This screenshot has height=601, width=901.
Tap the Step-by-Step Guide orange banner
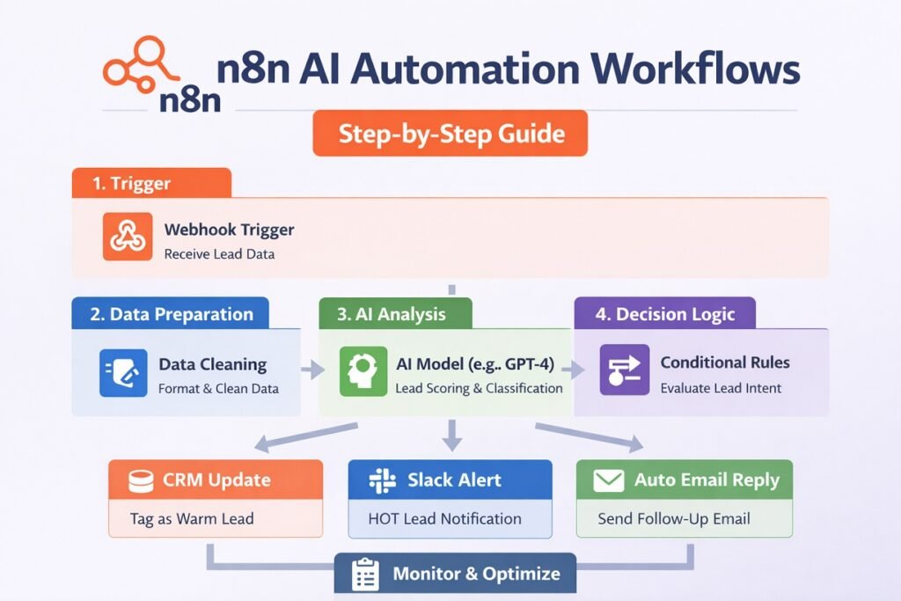click(450, 134)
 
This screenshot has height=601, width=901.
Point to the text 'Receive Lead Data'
click(219, 254)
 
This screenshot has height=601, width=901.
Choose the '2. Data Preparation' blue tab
click(171, 314)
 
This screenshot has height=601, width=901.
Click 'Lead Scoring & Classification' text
click(479, 388)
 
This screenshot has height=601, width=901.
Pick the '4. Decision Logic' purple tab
click(664, 314)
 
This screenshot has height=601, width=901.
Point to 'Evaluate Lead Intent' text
click(721, 388)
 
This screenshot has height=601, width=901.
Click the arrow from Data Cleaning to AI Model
click(312, 370)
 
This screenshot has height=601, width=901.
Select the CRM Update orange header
click(216, 480)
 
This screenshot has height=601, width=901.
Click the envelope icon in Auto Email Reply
click(608, 480)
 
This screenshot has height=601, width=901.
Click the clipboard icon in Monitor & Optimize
click(364, 574)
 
